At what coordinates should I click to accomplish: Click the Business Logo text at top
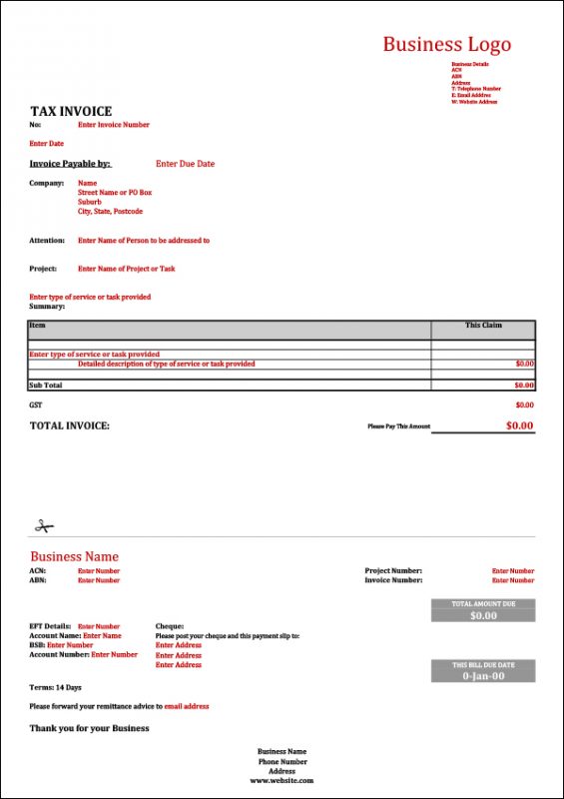click(x=446, y=44)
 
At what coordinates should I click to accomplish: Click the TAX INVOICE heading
click(x=71, y=111)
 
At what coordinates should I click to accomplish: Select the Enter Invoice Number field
click(x=114, y=125)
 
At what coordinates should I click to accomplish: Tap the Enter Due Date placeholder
click(x=185, y=164)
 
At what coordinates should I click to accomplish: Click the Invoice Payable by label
click(x=70, y=164)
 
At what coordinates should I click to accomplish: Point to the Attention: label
click(x=47, y=241)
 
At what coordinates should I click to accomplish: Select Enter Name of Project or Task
click(x=126, y=269)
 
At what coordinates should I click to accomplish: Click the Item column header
click(x=38, y=326)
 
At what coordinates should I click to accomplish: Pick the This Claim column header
click(x=484, y=326)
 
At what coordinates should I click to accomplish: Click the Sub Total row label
click(x=46, y=385)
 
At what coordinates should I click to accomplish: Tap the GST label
click(x=36, y=404)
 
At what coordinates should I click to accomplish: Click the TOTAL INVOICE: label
click(x=70, y=425)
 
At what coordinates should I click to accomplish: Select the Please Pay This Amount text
click(x=398, y=426)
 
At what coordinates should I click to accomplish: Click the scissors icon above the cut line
click(x=42, y=525)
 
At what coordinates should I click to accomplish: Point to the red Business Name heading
click(x=74, y=556)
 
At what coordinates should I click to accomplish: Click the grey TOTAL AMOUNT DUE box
click(x=483, y=610)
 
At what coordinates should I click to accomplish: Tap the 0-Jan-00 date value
click(x=483, y=676)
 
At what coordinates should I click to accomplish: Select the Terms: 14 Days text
click(x=56, y=687)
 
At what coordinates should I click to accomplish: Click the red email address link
click(x=187, y=706)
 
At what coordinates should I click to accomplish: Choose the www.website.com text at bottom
click(x=282, y=781)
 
